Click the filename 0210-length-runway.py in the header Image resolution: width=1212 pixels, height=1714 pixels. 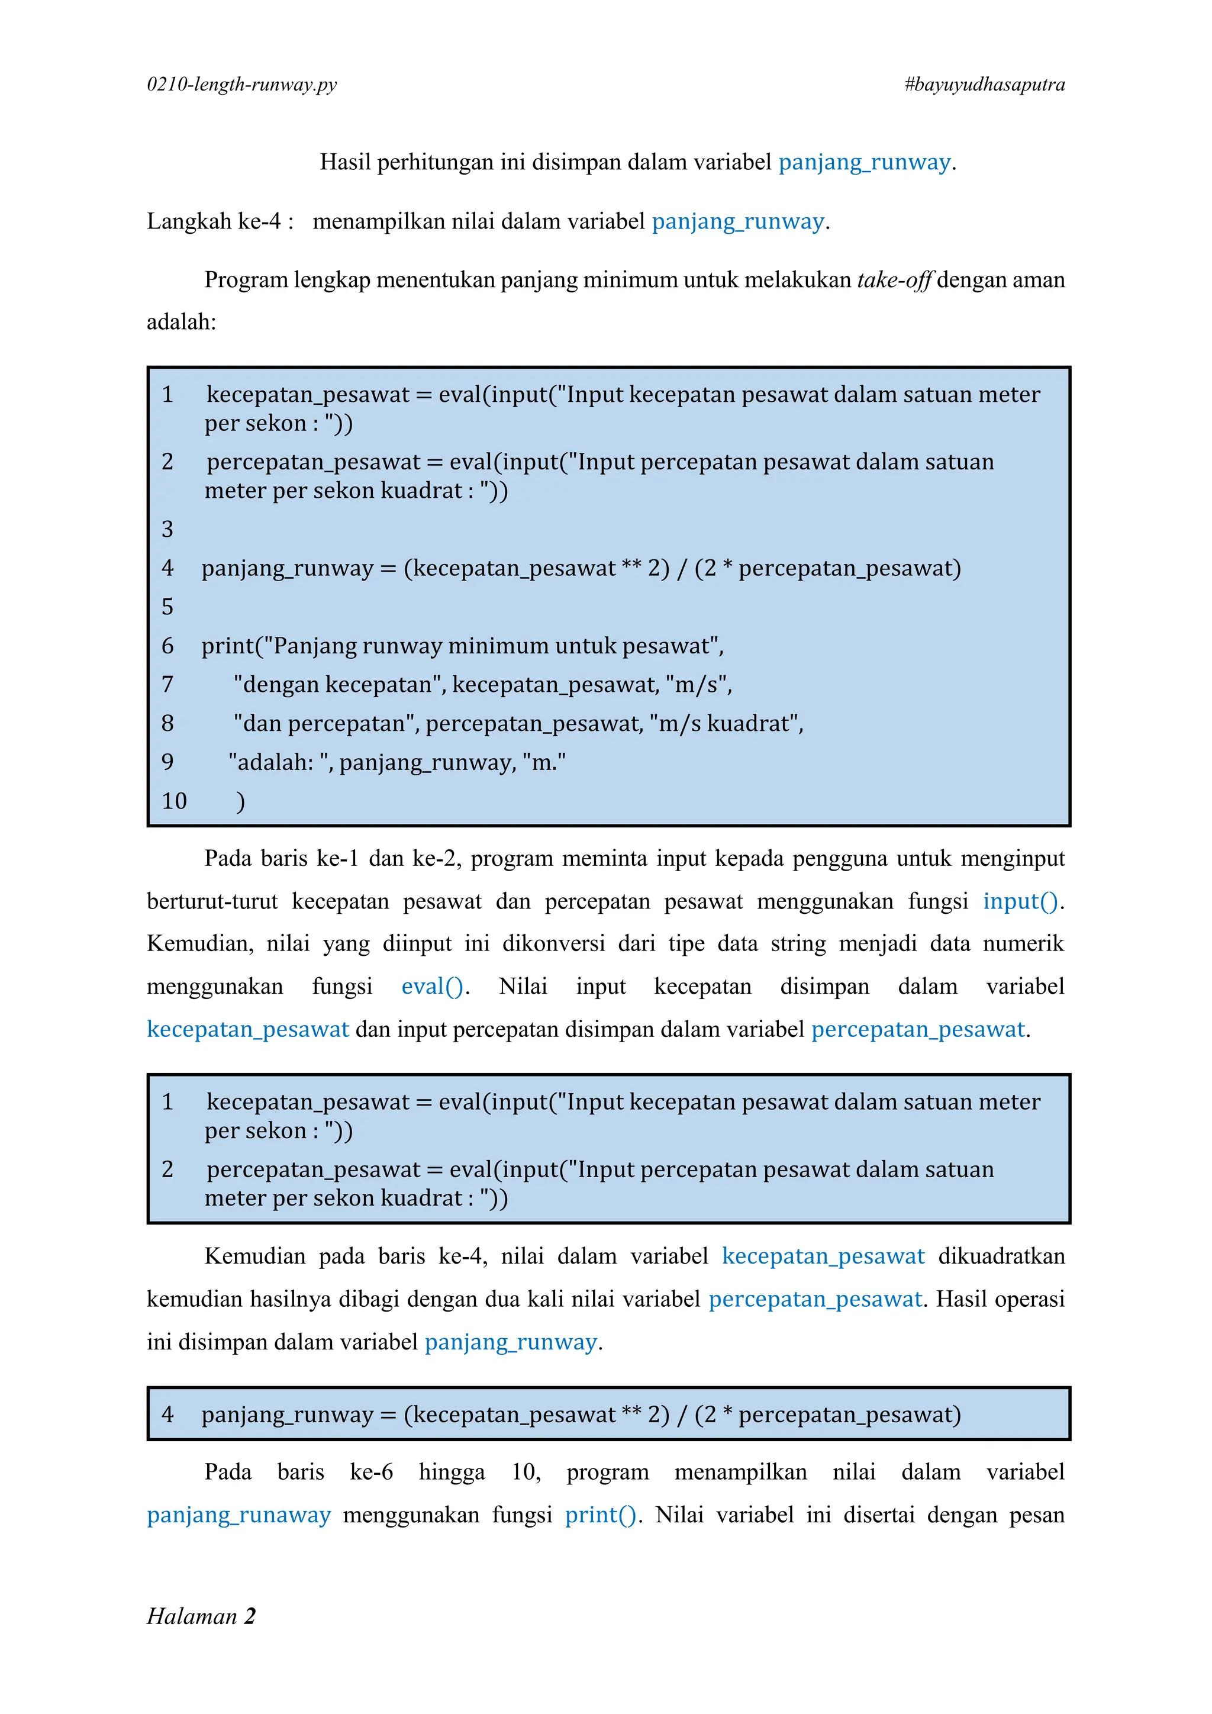pyautogui.click(x=242, y=85)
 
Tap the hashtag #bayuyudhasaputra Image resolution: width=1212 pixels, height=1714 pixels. pyautogui.click(x=984, y=85)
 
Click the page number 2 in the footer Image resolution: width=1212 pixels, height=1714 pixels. pyautogui.click(x=250, y=1616)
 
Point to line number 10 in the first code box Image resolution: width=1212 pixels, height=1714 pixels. pyautogui.click(x=174, y=801)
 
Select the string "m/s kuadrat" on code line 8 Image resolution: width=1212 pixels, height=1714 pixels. pyautogui.click(x=724, y=723)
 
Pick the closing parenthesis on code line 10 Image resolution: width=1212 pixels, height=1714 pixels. pyautogui.click(x=240, y=801)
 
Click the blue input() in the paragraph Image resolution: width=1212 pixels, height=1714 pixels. pyautogui.click(x=1020, y=902)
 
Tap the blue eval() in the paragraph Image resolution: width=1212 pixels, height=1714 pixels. pyautogui.click(x=432, y=987)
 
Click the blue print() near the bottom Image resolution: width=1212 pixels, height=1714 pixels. pyautogui.click(x=601, y=1515)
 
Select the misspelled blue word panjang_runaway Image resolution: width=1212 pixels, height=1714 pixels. pyautogui.click(x=239, y=1515)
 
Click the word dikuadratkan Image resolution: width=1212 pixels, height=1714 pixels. pyautogui.click(x=1001, y=1256)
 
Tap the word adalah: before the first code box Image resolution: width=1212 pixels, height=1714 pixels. pyautogui.click(x=181, y=323)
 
